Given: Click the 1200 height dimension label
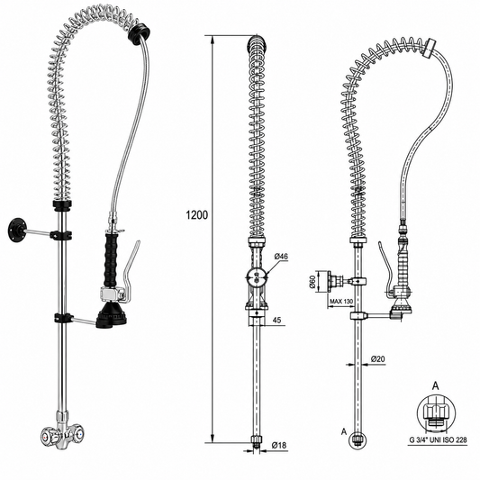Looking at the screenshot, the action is point(197,215).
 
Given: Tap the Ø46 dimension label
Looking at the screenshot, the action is point(281,257).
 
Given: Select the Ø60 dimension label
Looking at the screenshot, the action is point(312,281).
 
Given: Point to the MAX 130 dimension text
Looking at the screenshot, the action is point(341,302).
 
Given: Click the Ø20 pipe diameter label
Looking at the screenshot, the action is point(377,358).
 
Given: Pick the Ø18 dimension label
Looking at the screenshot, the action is point(279,445).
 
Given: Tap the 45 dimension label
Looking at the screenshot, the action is point(276,321).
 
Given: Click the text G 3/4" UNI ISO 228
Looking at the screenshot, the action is point(439,439).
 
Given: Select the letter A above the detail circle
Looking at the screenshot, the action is point(435,386).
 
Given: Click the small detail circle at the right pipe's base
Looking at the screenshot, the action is point(358,440).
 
